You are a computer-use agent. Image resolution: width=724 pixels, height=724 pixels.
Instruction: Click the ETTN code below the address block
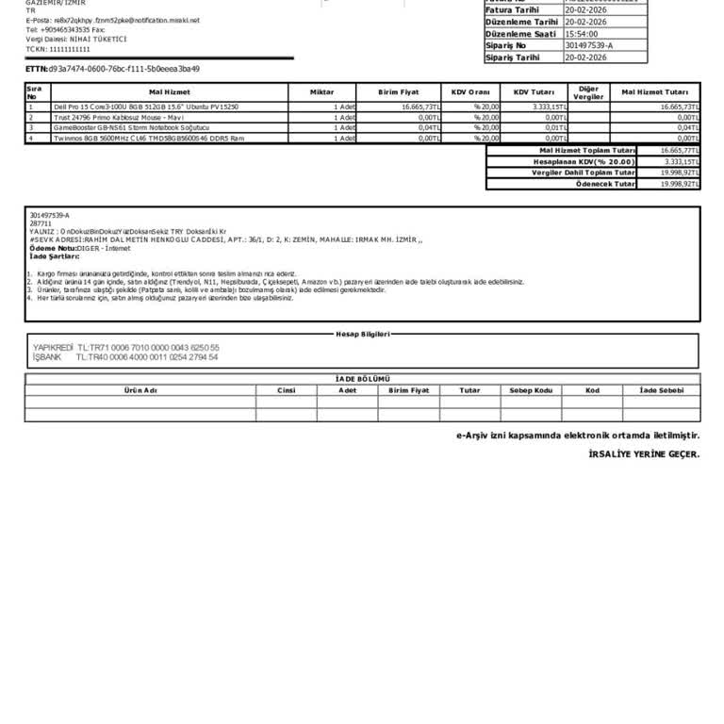pos(123,69)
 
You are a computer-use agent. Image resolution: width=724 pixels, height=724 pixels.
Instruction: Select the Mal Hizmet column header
pos(170,92)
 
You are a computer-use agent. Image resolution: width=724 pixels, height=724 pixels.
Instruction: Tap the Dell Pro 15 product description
pos(146,107)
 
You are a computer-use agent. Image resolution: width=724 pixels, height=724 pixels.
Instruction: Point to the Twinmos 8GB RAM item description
pos(149,138)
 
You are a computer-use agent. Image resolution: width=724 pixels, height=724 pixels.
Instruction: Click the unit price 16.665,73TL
pos(420,107)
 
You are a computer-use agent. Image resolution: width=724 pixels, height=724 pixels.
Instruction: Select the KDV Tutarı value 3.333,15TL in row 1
pos(549,107)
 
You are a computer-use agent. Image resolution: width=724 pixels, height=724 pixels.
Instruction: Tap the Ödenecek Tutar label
pos(605,184)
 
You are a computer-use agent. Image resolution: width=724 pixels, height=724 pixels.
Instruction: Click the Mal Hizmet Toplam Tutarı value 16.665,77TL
pos(679,151)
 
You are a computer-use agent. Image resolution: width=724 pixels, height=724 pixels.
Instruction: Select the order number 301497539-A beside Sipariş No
pos(589,44)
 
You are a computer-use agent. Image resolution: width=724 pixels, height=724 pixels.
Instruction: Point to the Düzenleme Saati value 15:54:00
pos(582,33)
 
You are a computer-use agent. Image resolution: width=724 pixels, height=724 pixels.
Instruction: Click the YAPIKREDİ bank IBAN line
pos(126,348)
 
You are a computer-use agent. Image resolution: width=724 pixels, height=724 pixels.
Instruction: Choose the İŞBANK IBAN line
pos(125,357)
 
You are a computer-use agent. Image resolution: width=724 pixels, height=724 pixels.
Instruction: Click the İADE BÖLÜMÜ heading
pos(362,378)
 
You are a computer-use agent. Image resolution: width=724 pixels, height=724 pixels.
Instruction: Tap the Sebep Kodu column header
pos(531,389)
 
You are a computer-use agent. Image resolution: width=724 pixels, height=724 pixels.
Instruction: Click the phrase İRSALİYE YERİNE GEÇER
pos(643,453)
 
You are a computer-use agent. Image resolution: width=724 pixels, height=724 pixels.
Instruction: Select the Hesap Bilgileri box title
pos(362,334)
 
